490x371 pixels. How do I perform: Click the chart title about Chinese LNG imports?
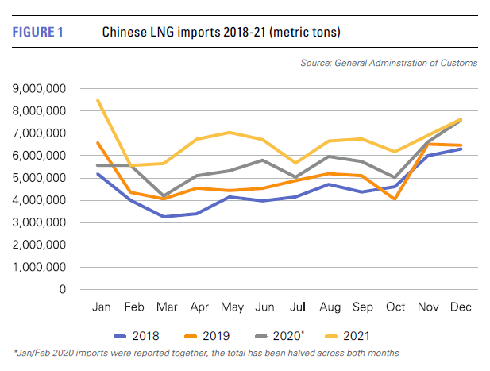222,32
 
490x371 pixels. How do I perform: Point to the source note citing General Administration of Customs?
389,63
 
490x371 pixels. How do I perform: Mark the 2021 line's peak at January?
98,100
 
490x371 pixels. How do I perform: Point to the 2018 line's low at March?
163,216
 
